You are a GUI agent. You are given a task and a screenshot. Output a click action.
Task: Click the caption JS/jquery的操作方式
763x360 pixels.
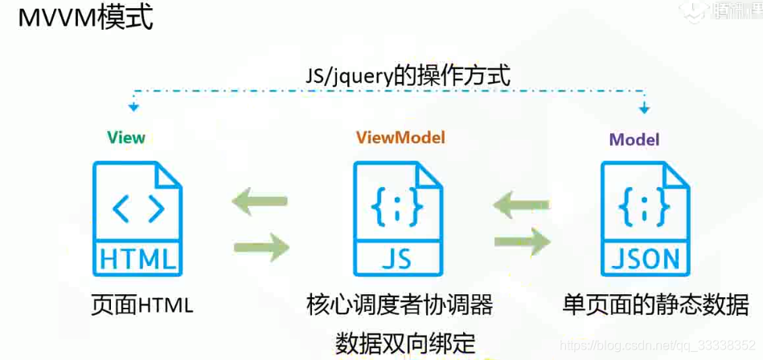click(408, 76)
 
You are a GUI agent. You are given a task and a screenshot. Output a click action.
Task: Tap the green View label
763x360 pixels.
click(126, 137)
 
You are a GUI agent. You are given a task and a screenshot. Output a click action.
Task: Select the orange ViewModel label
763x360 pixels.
click(400, 137)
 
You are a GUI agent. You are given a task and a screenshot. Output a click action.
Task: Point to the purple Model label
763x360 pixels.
click(634, 139)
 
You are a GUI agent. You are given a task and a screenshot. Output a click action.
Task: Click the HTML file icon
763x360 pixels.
click(137, 217)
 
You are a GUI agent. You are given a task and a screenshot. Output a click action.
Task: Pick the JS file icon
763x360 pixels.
click(397, 217)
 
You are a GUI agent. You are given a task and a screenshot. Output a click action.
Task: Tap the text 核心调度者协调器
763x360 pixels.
click(399, 305)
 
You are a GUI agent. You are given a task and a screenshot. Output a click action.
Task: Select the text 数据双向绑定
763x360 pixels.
click(406, 342)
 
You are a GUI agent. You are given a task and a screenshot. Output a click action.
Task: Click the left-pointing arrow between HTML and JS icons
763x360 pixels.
click(260, 202)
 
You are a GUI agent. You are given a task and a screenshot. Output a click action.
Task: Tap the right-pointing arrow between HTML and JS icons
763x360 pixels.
click(260, 246)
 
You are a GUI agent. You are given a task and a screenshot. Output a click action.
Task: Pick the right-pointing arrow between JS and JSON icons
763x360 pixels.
click(522, 240)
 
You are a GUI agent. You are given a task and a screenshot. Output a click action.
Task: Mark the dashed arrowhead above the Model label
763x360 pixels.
click(643, 108)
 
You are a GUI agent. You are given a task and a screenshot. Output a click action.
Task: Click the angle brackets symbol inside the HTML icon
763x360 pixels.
click(138, 208)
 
